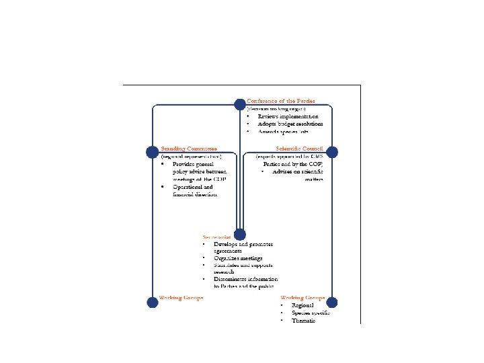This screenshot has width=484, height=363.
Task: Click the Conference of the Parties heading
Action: [280, 101]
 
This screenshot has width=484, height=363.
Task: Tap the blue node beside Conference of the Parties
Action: [239, 104]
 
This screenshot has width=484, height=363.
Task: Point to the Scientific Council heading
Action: [300, 148]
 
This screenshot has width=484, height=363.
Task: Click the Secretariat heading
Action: [216, 237]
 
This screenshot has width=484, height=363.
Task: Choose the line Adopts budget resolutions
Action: [290, 124]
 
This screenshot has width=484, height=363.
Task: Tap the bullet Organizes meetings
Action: [238, 257]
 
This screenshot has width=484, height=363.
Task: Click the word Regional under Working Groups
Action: [302, 306]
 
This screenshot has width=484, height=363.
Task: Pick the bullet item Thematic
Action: [303, 321]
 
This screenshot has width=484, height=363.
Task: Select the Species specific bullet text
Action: [311, 313]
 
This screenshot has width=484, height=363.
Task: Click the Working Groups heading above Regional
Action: [302, 297]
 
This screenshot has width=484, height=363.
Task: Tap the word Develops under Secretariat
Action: [225, 243]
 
